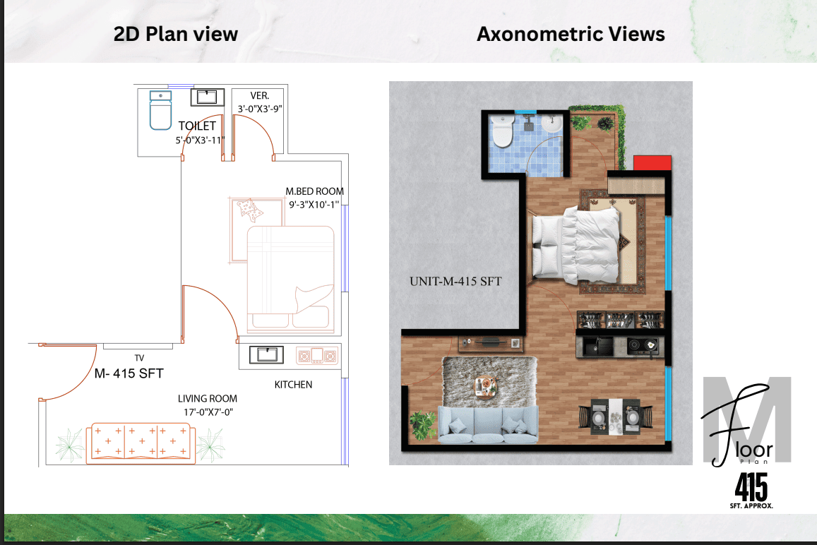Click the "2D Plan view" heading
tap(176, 35)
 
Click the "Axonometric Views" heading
tap(571, 35)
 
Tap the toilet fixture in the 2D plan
tap(160, 110)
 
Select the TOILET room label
tap(197, 126)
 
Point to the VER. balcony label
tap(259, 96)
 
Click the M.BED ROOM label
tap(314, 191)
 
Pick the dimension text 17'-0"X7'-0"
tap(208, 412)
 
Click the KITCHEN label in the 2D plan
tap(293, 385)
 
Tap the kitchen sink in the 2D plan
tap(266, 355)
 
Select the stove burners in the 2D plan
tap(317, 356)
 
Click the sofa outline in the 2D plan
tap(140, 443)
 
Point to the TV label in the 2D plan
tap(139, 358)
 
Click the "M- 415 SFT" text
tap(129, 373)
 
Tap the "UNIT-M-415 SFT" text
tap(455, 282)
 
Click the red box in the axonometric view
tap(652, 162)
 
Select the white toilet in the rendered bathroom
tap(502, 131)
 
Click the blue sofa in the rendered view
tap(488, 425)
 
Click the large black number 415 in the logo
tap(751, 486)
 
